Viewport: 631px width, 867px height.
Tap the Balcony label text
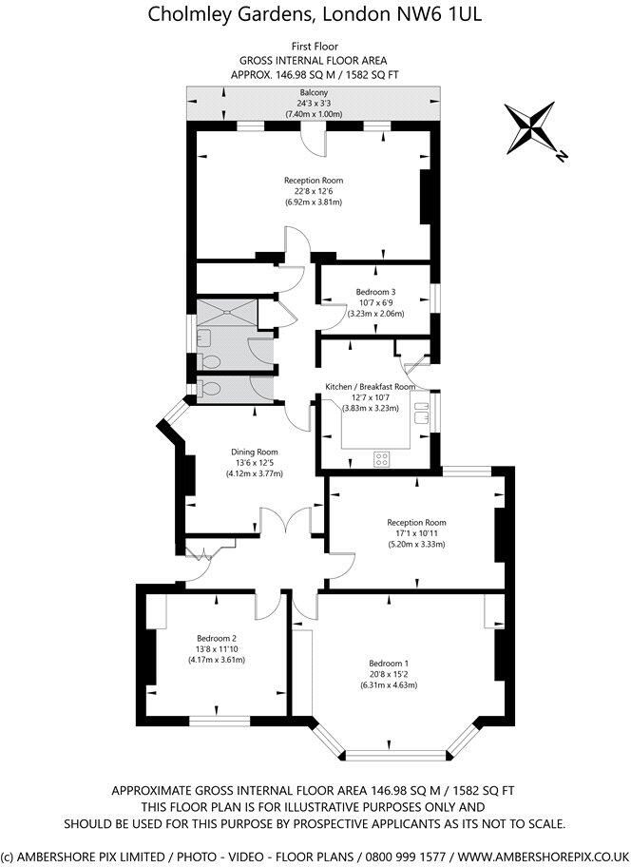click(x=315, y=92)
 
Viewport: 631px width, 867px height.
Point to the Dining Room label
click(x=254, y=452)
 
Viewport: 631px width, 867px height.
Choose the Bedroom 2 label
click(x=216, y=638)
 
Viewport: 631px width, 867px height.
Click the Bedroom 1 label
click(x=389, y=663)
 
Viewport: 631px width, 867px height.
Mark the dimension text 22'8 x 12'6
click(x=313, y=191)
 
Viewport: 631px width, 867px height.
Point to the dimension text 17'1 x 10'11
click(x=415, y=533)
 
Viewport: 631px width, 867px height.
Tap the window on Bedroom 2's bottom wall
click(x=219, y=721)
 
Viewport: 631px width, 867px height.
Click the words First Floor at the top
click(x=314, y=46)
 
